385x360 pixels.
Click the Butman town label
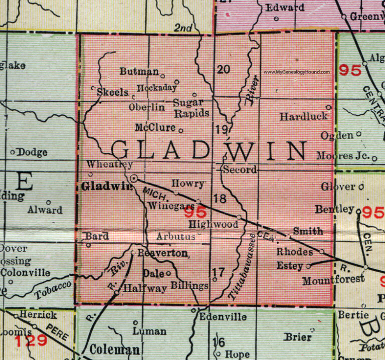tap(139, 72)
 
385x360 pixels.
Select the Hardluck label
tap(304, 116)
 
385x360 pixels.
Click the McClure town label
tap(155, 127)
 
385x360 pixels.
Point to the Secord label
tap(240, 169)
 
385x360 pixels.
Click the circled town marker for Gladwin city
tap(134, 178)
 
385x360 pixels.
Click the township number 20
tap(224, 69)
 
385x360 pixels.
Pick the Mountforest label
tap(333, 280)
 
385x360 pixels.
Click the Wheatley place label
tap(109, 164)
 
